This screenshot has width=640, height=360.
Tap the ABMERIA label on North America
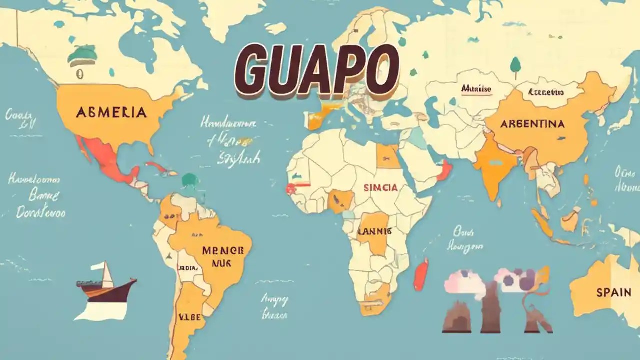pyautogui.click(x=111, y=112)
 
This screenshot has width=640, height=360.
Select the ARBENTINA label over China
pyautogui.click(x=532, y=123)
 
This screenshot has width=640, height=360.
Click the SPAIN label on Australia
pyautogui.click(x=613, y=292)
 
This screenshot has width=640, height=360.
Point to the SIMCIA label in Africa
pyautogui.click(x=381, y=188)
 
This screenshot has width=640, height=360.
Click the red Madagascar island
pyautogui.click(x=421, y=275)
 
